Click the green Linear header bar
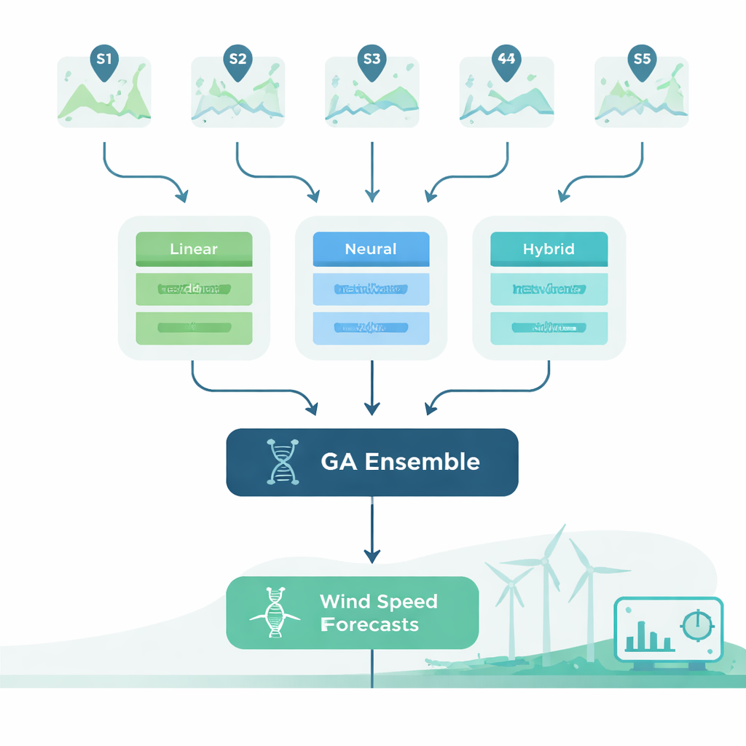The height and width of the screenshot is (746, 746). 194,249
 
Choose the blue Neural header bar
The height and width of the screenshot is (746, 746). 371,249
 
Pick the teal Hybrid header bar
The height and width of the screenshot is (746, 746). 549,249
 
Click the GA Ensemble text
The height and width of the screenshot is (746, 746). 400,462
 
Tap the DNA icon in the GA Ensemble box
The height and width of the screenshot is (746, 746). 282,462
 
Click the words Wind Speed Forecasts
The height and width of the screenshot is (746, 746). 379,613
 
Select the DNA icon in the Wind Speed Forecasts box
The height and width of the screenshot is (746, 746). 275,613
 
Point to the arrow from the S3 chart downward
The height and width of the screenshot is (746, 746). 372,171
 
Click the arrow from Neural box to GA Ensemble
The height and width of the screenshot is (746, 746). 372,386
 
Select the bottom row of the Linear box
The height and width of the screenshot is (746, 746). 194,328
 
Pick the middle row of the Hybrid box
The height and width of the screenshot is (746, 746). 549,289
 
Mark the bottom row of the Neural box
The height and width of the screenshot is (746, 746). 371,328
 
